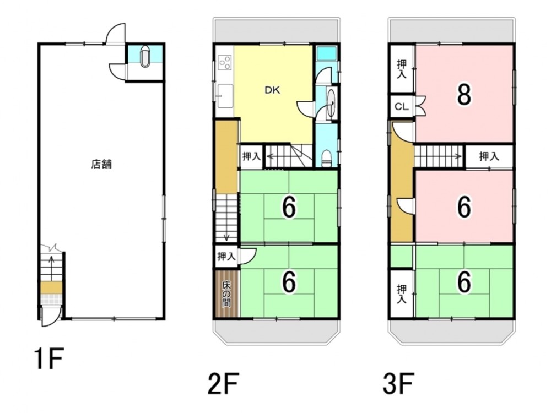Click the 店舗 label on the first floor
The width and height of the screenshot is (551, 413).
point(101,164)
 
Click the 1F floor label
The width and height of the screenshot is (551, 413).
point(48,358)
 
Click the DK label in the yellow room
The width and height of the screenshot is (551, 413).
point(272,90)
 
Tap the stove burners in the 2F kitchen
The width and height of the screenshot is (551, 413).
point(225,63)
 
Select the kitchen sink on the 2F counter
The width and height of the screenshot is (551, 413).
point(225,95)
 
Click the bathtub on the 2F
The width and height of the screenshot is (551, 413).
point(327,54)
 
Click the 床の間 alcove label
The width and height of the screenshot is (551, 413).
point(226,294)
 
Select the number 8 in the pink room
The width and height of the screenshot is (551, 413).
point(464,95)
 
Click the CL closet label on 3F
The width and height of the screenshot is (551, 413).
point(402,106)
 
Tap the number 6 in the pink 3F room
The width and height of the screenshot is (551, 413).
point(464,207)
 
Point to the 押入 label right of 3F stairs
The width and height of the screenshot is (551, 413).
point(489,156)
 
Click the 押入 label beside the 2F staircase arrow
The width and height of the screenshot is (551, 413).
point(251,156)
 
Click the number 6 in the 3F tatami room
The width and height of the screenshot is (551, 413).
point(464,282)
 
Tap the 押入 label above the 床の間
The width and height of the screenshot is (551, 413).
point(226,257)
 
